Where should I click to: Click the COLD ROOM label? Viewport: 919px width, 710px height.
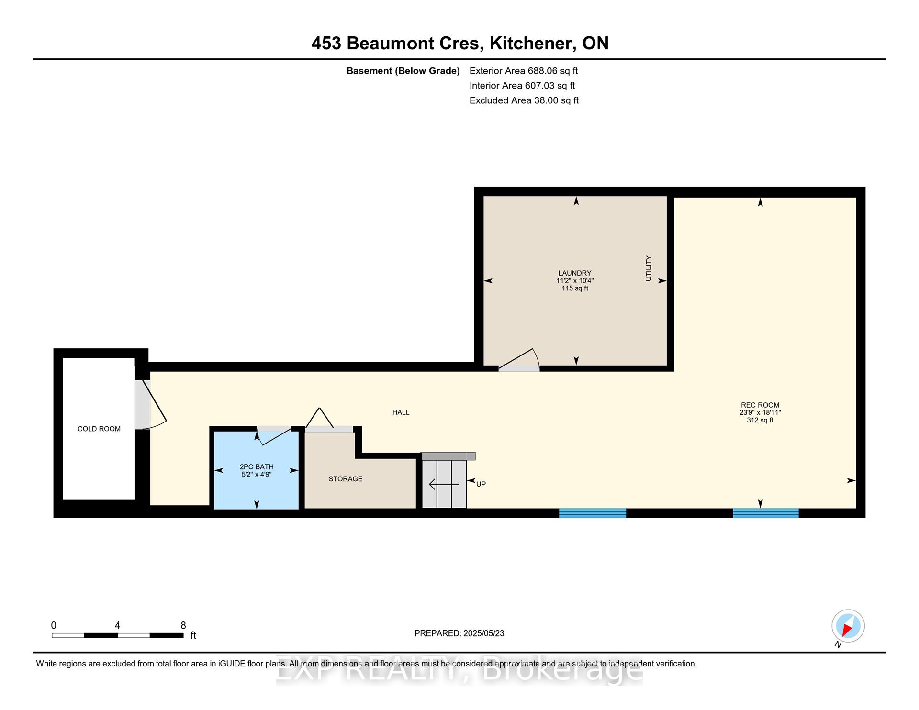(99, 429)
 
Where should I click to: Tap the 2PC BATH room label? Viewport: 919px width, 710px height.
(257, 466)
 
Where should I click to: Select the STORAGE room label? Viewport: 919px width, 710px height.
(346, 479)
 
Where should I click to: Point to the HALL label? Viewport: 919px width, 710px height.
(401, 412)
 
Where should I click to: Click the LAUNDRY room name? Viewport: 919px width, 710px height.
(575, 273)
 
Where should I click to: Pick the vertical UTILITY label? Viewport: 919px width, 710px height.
(649, 268)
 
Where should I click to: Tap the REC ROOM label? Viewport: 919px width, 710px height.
(760, 405)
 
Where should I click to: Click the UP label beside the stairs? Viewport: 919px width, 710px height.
(481, 484)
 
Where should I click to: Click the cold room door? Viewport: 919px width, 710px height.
(151, 404)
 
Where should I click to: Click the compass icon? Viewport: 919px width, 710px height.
(848, 626)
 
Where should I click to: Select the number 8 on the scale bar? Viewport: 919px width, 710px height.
(183, 625)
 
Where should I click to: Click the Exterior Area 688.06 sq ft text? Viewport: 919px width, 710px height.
(524, 71)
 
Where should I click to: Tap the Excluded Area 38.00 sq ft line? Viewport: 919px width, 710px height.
(524, 100)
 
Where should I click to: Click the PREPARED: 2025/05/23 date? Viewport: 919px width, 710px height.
(459, 633)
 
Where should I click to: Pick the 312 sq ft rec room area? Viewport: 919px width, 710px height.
(760, 420)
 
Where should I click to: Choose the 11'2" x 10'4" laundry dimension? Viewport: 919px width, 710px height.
(575, 281)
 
